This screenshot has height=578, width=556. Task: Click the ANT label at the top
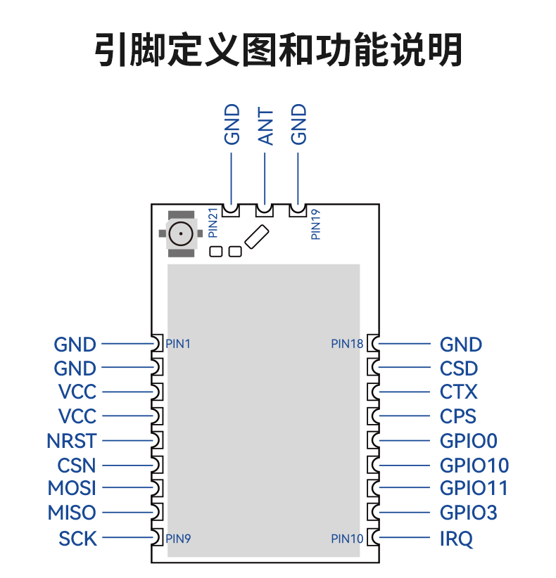(x=265, y=127)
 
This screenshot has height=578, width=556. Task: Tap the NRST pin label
(x=72, y=441)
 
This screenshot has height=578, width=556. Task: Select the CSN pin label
(x=77, y=465)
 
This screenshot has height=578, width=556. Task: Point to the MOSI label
(x=72, y=488)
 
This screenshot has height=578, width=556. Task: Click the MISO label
(x=72, y=513)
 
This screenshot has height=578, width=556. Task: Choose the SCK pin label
(x=78, y=539)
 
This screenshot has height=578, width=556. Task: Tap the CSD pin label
(x=459, y=368)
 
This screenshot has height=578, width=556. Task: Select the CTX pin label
(x=459, y=392)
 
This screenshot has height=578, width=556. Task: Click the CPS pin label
(x=458, y=416)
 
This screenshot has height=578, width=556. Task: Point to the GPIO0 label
(x=469, y=441)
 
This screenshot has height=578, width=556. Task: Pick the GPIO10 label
(x=474, y=465)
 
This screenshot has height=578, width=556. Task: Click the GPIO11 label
(x=474, y=488)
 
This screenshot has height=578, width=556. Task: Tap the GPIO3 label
(x=469, y=513)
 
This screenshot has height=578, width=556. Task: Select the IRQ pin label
(x=456, y=539)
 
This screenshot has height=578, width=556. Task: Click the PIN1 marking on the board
(x=178, y=344)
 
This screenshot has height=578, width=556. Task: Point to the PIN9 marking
(x=178, y=539)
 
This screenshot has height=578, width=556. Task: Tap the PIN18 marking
(x=347, y=344)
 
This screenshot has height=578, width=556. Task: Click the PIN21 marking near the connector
(x=213, y=223)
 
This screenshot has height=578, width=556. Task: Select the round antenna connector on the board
(x=181, y=233)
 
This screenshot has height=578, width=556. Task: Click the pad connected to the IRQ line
(x=374, y=537)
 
